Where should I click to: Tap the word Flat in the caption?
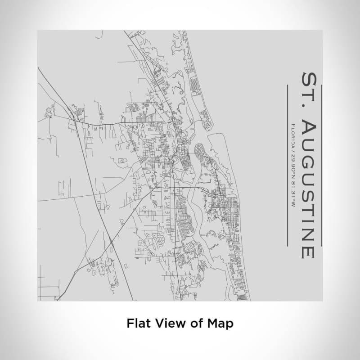click(136, 323)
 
